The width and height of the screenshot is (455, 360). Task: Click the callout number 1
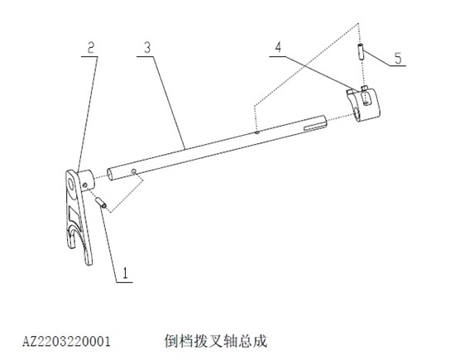coord(126,273)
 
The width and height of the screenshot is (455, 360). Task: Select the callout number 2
coord(91,48)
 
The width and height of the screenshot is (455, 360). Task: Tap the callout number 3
coord(148,48)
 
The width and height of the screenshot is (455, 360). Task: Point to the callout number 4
coord(278,47)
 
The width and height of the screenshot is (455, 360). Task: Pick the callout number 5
coord(398,58)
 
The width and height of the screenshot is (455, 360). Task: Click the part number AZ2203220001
coord(66,342)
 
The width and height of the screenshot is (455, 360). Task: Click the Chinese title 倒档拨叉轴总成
coord(216,341)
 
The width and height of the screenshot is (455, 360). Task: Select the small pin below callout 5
coord(362,51)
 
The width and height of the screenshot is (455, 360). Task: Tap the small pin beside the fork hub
coord(101,203)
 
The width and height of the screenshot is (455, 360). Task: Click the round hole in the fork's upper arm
coord(71,183)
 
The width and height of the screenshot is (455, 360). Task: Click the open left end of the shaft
coord(110,175)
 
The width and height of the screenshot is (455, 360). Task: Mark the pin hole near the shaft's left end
coord(134,171)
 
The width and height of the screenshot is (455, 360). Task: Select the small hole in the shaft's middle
coord(256,132)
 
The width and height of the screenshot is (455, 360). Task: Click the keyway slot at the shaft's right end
coord(315,127)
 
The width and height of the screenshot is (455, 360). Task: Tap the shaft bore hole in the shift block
coord(357,113)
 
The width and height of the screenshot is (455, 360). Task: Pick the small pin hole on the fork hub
coord(84,185)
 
